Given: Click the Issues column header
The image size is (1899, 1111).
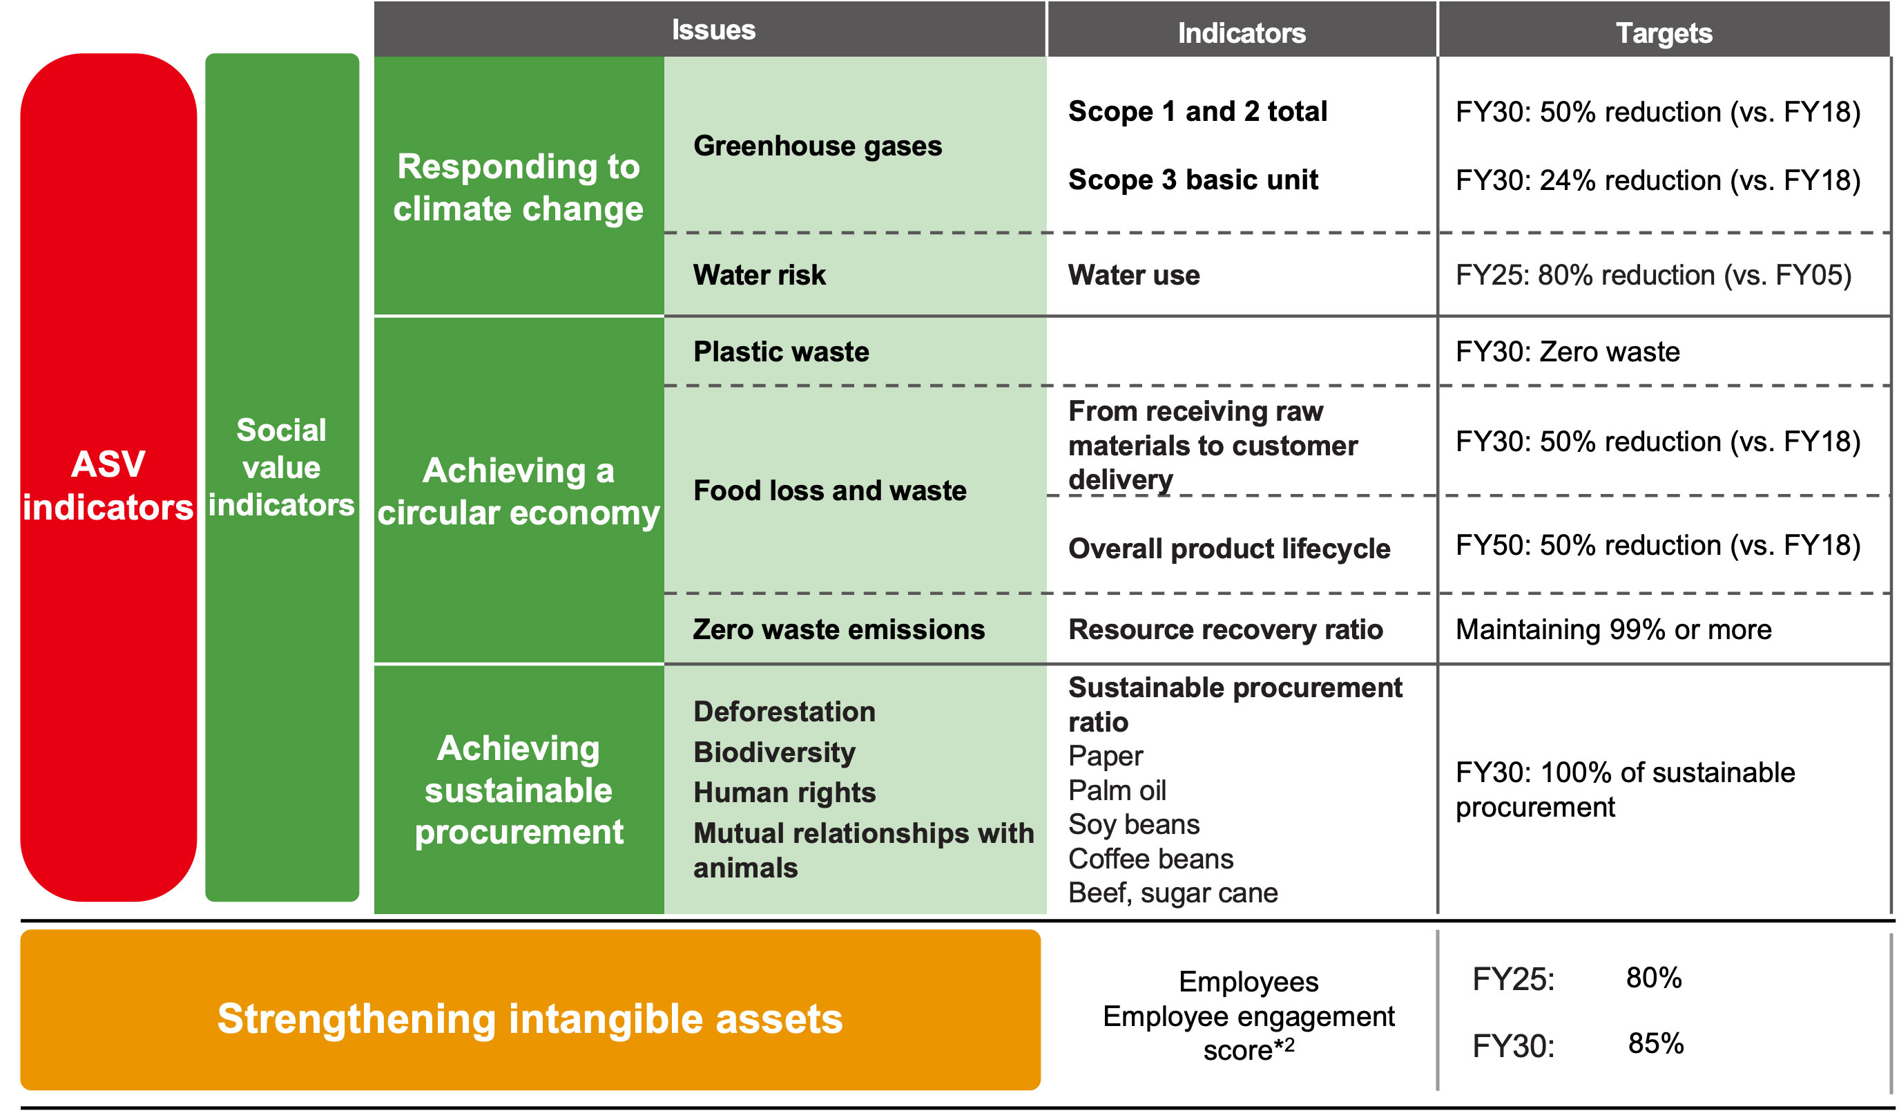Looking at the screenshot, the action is click(713, 30).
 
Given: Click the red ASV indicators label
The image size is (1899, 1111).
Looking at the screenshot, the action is click(108, 486).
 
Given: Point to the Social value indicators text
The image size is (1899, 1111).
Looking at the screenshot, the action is click(281, 467).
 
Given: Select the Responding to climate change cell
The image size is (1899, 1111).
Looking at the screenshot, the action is click(519, 187).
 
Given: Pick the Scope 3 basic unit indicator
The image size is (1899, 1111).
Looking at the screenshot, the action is click(1193, 180).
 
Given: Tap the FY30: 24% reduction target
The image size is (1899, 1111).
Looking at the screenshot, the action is click(1658, 180).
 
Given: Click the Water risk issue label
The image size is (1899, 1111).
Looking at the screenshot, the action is click(760, 274).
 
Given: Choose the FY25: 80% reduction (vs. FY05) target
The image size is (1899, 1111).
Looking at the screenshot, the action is click(1653, 275).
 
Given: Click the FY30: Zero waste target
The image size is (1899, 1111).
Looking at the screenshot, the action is click(1568, 351).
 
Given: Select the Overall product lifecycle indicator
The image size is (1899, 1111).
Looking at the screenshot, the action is click(1229, 549).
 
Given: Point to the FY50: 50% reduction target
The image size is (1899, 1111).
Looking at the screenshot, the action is click(1658, 545).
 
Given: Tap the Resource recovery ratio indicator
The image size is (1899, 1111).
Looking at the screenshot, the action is click(1225, 629).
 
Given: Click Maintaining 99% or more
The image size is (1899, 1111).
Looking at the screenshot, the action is click(1613, 629).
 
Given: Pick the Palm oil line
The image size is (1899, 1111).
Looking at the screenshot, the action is click(1117, 790).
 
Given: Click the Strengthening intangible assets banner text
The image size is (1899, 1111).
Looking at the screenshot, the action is click(530, 1018).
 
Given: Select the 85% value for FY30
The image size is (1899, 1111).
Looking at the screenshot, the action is click(1656, 1043).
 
